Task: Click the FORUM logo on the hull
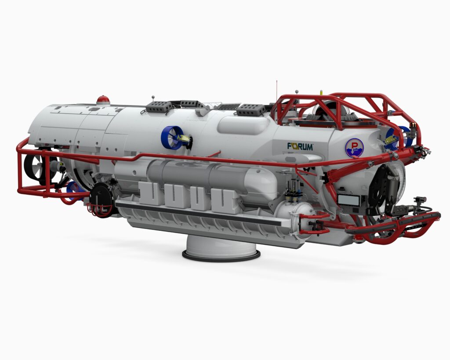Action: click(x=300, y=146)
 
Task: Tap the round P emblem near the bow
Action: click(x=354, y=148)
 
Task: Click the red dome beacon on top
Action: click(x=103, y=100)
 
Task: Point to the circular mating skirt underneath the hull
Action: click(x=221, y=249)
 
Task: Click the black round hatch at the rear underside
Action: click(x=102, y=199)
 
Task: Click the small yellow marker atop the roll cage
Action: click(x=321, y=92)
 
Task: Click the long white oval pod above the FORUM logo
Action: click(x=243, y=125)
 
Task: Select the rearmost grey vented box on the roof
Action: click(x=159, y=106)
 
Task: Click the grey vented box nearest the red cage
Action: click(x=251, y=109)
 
